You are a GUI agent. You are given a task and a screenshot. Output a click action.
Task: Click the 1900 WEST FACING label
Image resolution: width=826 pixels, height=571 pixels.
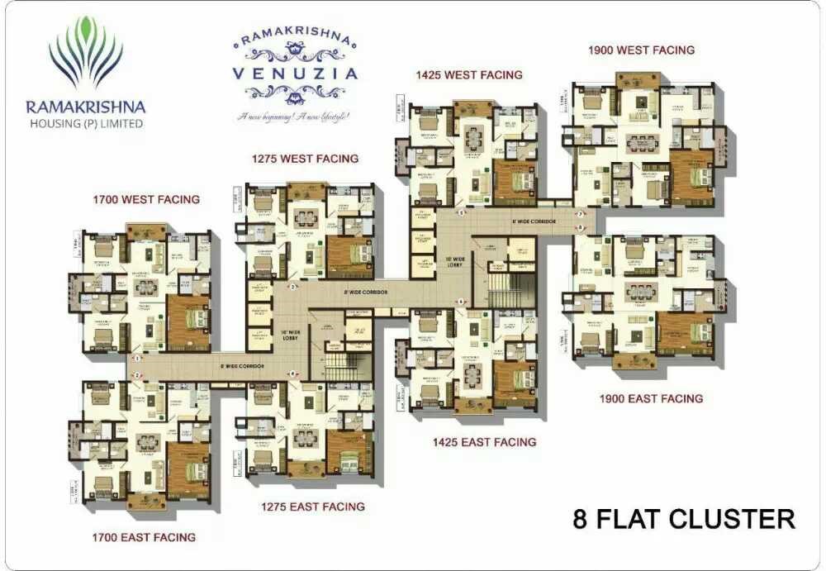641,50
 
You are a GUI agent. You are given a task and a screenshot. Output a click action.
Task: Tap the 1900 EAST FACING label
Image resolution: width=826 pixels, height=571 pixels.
651,398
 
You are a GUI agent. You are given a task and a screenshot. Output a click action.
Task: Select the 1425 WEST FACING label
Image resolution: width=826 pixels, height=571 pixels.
469,74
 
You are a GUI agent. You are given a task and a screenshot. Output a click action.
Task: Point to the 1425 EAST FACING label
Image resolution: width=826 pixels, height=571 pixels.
484,442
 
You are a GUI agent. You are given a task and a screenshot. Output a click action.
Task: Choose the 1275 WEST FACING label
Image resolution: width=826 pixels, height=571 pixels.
305,158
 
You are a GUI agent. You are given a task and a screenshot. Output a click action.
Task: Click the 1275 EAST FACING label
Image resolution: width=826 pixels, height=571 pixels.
313,507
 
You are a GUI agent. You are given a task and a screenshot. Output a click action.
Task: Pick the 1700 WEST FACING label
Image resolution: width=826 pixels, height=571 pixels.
146,199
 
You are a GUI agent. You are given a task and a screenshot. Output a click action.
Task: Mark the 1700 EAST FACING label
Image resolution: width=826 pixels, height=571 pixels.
144,537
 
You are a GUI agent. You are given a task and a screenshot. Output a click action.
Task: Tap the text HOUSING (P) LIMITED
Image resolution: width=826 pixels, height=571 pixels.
85,124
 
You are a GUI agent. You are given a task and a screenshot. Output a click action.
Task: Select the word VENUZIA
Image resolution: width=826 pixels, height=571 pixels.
295,73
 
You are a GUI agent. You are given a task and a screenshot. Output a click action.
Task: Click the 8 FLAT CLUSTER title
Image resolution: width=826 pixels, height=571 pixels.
684,519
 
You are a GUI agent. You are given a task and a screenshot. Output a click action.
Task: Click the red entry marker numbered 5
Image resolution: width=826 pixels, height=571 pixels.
461,212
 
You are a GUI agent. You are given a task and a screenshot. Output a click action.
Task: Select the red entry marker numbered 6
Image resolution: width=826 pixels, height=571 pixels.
461,302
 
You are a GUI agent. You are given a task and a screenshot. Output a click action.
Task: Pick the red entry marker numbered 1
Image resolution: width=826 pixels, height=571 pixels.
137,358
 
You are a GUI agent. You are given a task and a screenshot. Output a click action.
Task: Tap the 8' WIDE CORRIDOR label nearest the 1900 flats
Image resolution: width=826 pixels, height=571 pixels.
534,221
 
